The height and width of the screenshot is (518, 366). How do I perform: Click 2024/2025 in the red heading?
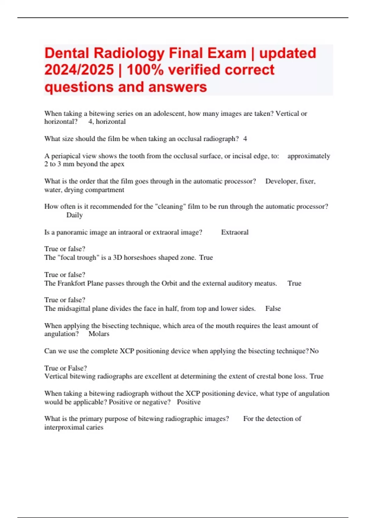79,70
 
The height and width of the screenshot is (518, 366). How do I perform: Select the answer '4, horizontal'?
107,122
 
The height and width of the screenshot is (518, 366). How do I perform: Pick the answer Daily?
74,215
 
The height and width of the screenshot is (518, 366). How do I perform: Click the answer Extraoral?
235,232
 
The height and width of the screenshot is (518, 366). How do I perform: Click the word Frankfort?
71,283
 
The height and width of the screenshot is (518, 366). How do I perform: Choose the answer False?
273,309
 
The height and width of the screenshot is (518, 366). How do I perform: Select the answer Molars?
99,334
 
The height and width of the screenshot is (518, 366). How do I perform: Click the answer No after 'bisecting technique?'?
314,351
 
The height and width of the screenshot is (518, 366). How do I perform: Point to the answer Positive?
188,402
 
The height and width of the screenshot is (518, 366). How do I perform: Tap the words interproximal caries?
74,427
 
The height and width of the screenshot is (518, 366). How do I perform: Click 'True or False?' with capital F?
66,368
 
